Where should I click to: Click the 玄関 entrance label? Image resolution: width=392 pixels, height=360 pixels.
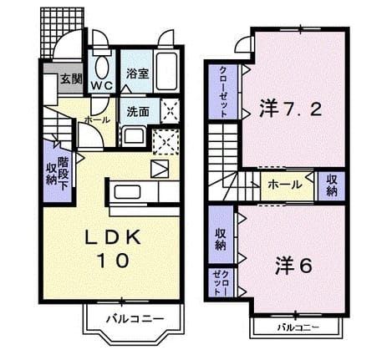(71, 79)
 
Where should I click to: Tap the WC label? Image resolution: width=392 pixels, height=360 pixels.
(102, 86)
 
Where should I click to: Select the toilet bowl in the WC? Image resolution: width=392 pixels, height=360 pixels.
(102, 67)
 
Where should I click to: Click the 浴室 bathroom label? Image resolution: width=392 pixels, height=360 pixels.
(137, 74)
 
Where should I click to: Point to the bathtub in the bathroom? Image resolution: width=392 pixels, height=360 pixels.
(166, 71)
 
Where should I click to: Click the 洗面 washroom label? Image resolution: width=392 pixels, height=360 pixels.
(138, 112)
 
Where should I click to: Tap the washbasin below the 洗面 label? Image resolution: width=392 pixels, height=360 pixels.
(135, 136)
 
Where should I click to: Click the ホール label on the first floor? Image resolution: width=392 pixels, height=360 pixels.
(97, 120)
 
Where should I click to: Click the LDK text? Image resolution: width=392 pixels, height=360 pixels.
(113, 238)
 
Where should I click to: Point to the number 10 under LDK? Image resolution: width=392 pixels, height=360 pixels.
(113, 261)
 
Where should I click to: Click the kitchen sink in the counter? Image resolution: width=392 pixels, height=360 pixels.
(127, 192)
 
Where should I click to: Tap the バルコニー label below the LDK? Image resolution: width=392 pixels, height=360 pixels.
(135, 318)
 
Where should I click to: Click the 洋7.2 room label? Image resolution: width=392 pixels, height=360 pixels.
(291, 109)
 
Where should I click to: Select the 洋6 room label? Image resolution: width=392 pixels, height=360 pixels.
(294, 266)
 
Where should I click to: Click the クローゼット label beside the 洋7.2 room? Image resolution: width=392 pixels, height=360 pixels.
(223, 92)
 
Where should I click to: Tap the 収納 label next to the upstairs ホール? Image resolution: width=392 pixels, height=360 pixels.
(332, 185)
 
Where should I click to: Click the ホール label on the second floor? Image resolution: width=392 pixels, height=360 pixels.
(285, 185)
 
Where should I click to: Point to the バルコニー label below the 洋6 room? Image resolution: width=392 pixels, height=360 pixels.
(298, 327)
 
